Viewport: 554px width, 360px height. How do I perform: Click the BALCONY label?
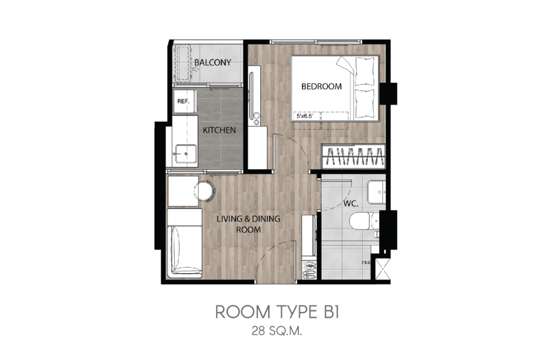click(x=213, y=63)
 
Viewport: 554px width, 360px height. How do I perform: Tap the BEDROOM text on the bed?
click(x=321, y=86)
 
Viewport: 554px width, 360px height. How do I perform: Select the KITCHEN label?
click(x=220, y=130)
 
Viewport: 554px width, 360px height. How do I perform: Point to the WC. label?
click(x=351, y=204)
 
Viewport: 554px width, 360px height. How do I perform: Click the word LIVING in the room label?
click(x=228, y=219)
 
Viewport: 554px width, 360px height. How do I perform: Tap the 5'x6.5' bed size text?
click(x=305, y=116)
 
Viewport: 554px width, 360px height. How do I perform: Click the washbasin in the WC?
click(x=377, y=192)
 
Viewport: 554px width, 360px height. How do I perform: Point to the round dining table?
click(x=204, y=191)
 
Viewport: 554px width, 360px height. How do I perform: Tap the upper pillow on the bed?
click(x=364, y=72)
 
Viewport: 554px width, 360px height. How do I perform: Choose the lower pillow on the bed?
click(x=364, y=103)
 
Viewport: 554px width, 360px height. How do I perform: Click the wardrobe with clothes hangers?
click(x=353, y=156)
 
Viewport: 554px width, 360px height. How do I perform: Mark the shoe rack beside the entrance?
click(x=310, y=270)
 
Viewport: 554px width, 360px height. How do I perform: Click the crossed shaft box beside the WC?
click(x=382, y=269)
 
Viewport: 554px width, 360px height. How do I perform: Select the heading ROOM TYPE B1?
click(x=278, y=312)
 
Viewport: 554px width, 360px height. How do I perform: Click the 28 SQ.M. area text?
click(x=277, y=331)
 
